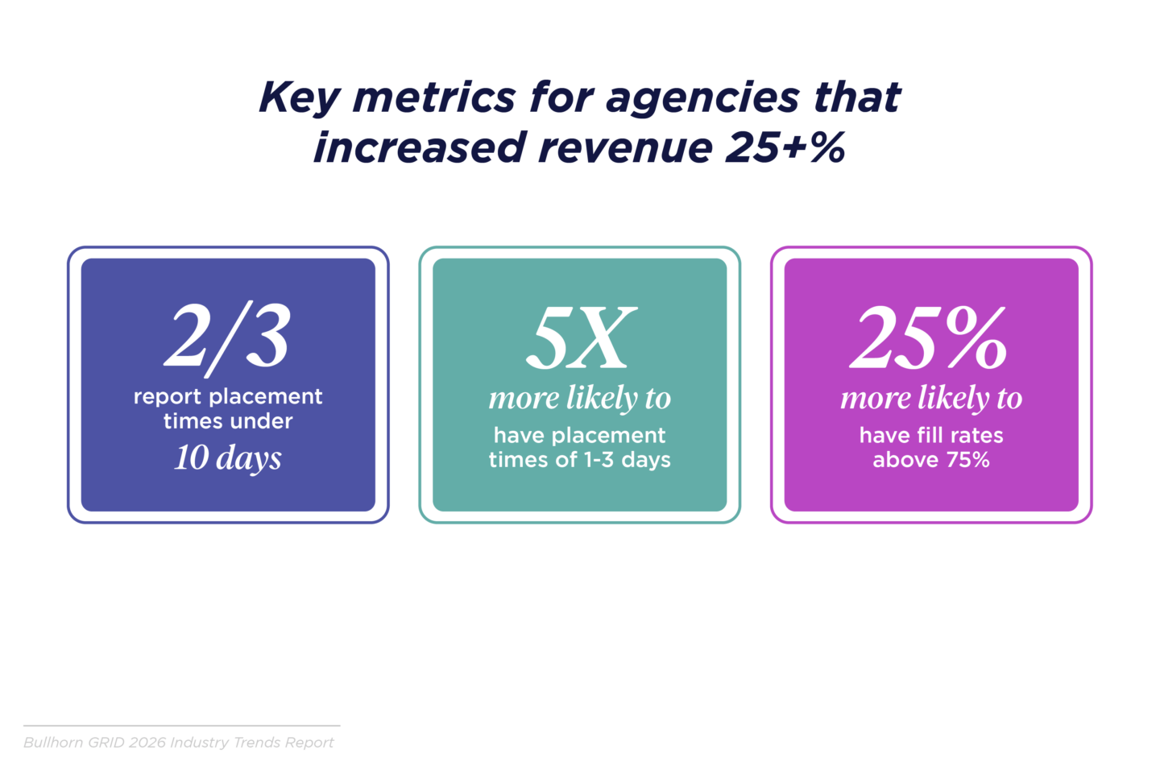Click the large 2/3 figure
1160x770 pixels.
(x=228, y=337)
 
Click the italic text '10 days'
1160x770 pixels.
(x=228, y=458)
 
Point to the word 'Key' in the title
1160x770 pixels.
(x=299, y=98)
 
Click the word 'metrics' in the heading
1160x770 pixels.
(x=434, y=98)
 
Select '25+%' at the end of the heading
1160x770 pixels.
(x=785, y=148)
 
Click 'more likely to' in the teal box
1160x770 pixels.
(x=580, y=398)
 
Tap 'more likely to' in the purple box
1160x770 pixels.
(x=931, y=398)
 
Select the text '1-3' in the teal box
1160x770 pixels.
(x=599, y=460)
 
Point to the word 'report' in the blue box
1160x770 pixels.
(x=165, y=397)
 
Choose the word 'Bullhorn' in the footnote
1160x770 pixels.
(x=53, y=743)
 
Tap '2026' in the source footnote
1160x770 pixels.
(x=147, y=743)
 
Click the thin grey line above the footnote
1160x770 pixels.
(x=181, y=726)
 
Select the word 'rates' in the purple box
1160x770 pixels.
(x=976, y=436)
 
